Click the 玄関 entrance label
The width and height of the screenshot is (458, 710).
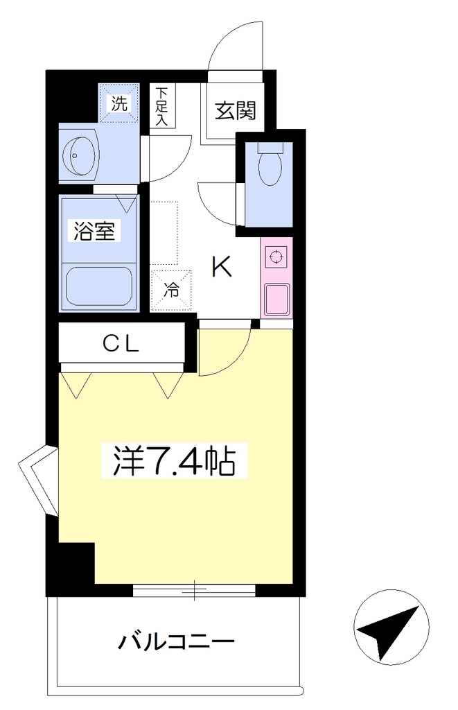pos(235,110)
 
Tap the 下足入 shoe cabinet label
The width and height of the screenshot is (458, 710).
pos(161,106)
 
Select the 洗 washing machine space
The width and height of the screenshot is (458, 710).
pos(119,104)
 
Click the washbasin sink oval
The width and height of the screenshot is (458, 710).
pos(80,155)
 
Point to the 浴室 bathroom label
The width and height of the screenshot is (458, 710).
pos(95,231)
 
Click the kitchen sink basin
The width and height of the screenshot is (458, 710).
pos(277,299)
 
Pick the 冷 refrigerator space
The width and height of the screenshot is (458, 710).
pos(171,291)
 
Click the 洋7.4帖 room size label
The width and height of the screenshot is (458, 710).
pos(174,460)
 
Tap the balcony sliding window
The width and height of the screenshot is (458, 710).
pos(195,590)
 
